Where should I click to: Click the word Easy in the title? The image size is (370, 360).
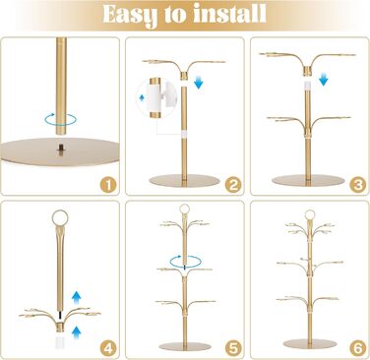(x=126, y=16)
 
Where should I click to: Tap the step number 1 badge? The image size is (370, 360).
(x=108, y=186)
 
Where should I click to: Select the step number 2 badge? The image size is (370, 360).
(x=233, y=186)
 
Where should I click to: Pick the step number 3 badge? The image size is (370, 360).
(x=358, y=186)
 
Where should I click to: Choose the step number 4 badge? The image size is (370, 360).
(x=108, y=349)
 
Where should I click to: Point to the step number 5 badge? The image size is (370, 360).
(x=233, y=349)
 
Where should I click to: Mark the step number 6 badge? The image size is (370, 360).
(x=358, y=349)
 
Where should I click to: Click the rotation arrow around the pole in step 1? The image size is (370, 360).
(x=61, y=124)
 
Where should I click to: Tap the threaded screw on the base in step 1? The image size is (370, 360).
(x=61, y=150)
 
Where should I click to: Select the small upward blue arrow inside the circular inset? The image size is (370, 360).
(x=142, y=97)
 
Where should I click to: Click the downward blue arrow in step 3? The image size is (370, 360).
(x=324, y=79)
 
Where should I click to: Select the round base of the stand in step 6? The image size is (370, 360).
(x=310, y=343)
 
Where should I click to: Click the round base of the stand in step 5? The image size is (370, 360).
(x=185, y=346)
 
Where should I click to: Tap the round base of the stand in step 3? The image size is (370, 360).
(x=308, y=180)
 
